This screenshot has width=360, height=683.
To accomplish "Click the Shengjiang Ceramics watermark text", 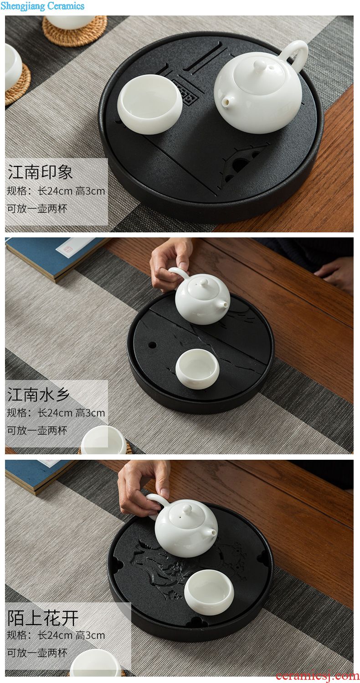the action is pos(42,6).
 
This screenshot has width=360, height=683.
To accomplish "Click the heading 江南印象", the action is pos(40,172).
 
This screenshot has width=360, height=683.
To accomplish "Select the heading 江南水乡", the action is pos(38,394).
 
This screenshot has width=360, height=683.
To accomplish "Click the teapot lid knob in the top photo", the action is pos(260,66).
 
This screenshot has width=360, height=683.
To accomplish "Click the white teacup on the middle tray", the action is pos(197,369).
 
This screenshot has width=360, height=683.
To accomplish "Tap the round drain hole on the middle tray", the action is pos(152,345).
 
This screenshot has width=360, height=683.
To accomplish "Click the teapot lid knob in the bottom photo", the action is pos(187,509).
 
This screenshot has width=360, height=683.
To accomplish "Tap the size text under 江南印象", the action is pos(56,191).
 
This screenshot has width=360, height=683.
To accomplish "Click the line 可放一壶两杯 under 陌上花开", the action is pos(37,653).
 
